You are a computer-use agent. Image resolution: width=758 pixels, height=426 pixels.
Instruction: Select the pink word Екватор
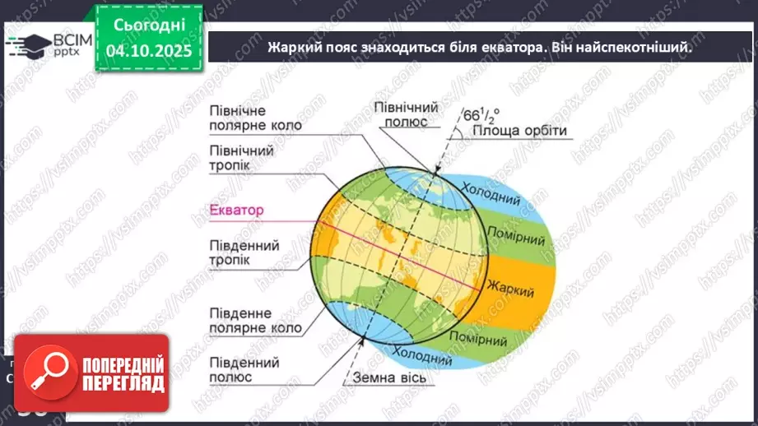click(x=236, y=211)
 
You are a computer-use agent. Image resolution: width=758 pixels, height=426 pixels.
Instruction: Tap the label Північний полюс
click(x=406, y=114)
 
